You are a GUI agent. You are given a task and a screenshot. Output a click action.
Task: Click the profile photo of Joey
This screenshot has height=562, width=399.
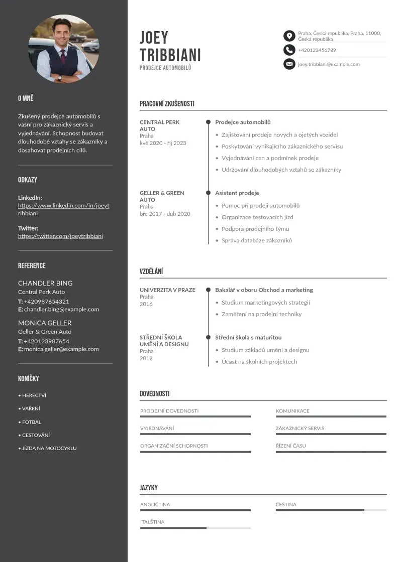pyautogui.click(x=64, y=49)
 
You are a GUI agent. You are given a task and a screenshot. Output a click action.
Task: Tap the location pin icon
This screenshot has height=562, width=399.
pyautogui.click(x=289, y=36)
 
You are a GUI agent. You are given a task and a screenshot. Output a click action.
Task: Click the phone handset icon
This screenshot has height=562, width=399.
pyautogui.click(x=289, y=50)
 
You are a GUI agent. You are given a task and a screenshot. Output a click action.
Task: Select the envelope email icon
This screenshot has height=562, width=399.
pyautogui.click(x=289, y=64)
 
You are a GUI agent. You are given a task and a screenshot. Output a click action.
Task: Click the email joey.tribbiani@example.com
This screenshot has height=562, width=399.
pyautogui.click(x=329, y=64)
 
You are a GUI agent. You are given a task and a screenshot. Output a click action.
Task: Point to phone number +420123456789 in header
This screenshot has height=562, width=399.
pyautogui.click(x=317, y=50)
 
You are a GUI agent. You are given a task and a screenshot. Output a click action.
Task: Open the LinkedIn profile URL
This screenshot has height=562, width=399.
pyautogui.click(x=63, y=209)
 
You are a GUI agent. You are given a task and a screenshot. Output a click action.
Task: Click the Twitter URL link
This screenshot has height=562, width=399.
pyautogui.click(x=60, y=236)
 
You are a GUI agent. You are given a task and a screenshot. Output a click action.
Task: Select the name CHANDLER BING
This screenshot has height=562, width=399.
pyautogui.click(x=45, y=283)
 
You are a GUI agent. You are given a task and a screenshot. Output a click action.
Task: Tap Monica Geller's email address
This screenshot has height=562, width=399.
pyautogui.click(x=61, y=349)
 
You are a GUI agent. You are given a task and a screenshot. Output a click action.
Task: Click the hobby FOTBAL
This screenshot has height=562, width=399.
pyautogui.click(x=32, y=422)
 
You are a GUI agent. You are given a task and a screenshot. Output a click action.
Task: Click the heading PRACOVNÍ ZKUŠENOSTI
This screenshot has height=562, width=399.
pyautogui.click(x=167, y=104)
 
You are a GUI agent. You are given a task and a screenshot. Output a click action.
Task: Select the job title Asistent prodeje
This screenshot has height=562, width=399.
pyautogui.click(x=237, y=193)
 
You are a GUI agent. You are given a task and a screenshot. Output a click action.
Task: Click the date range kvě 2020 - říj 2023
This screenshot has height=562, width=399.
pyautogui.click(x=163, y=143)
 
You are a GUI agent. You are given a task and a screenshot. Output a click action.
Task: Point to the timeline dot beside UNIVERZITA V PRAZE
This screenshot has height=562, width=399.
pyautogui.click(x=208, y=290)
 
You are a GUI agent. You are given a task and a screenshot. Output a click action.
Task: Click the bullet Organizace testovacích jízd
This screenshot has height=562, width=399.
pyautogui.click(x=257, y=217)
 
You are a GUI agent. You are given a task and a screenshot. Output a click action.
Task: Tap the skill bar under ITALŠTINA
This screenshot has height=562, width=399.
pyautogui.click(x=195, y=528)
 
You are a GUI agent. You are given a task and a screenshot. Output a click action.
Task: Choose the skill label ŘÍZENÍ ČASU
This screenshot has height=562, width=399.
pyautogui.click(x=290, y=446)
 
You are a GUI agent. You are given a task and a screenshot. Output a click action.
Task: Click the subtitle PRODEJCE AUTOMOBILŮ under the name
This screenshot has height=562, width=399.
pyautogui.click(x=165, y=68)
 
